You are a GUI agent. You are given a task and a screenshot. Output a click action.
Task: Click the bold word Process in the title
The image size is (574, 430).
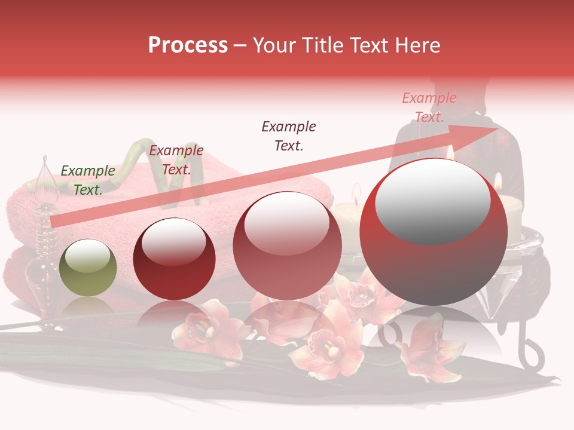point(188,45)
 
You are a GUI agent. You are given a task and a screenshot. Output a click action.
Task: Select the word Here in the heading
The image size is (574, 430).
point(417,45)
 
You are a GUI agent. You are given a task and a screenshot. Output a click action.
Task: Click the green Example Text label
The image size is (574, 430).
point(88,180)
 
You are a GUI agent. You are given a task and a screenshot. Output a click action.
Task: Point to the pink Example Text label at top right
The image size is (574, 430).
point(429,107)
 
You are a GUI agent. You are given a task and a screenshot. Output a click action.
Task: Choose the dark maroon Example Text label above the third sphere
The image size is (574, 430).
point(289,136)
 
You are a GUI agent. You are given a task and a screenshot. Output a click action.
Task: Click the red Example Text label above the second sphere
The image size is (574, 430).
point(176,159)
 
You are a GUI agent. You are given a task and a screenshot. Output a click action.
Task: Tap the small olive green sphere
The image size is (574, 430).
point(88,268)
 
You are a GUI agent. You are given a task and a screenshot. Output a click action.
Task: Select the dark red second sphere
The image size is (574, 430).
point(174,259)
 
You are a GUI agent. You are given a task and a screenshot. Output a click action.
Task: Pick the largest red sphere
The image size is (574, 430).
point(433,232)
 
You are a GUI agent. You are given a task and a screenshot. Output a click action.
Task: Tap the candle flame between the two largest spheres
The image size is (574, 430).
point(356,192)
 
